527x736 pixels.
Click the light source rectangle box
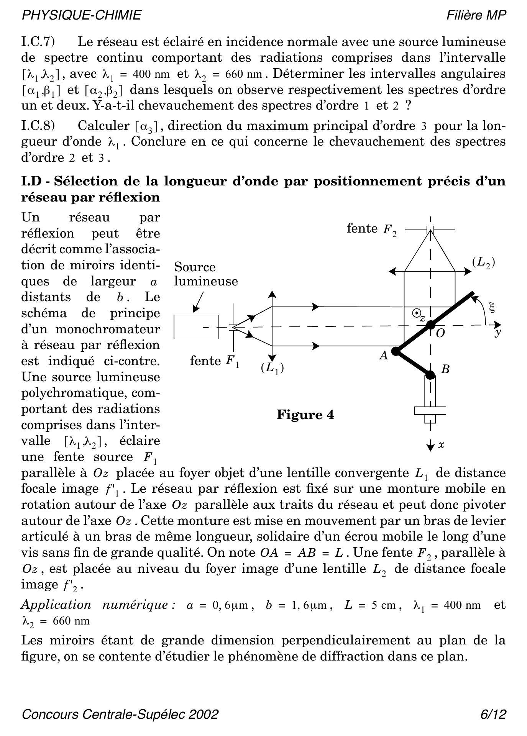(x=196, y=327)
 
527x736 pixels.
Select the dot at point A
(x=396, y=351)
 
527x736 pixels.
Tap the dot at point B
(x=430, y=374)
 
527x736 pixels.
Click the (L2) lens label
(x=483, y=262)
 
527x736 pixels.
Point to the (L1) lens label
(x=272, y=368)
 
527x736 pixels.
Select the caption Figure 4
(x=305, y=415)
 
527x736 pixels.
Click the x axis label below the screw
(x=441, y=445)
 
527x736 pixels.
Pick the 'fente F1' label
(x=215, y=361)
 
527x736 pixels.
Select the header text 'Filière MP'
(x=476, y=15)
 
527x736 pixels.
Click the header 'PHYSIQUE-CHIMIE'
(x=81, y=15)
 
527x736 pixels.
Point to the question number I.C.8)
(x=38, y=126)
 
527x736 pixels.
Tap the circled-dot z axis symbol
(x=416, y=313)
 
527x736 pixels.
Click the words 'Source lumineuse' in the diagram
(x=206, y=274)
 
